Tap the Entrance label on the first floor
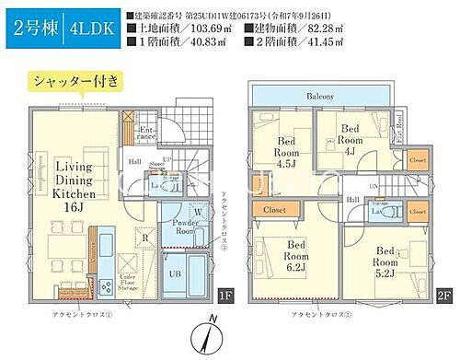tap(146, 136)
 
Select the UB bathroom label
tap(175, 273)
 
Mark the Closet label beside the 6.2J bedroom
tap(274, 210)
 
